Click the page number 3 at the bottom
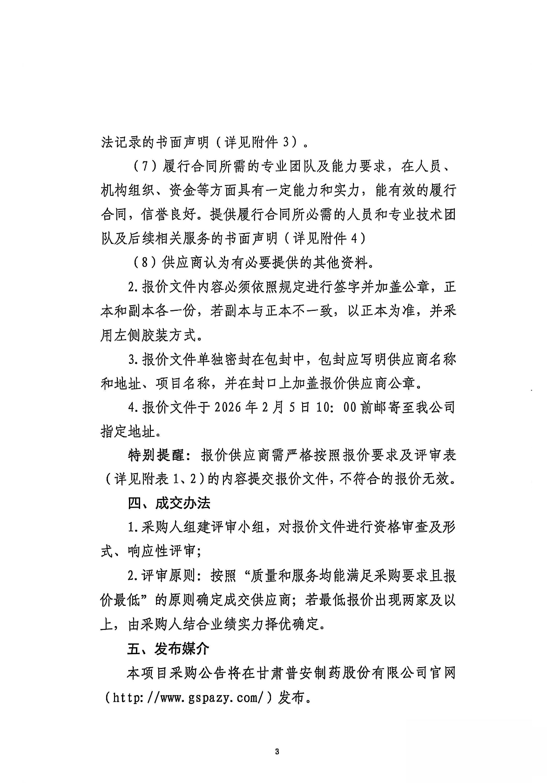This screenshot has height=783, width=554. [x=277, y=751]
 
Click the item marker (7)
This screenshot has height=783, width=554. [x=142, y=166]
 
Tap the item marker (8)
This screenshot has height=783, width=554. [x=142, y=263]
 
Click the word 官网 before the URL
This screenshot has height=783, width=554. [x=442, y=673]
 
